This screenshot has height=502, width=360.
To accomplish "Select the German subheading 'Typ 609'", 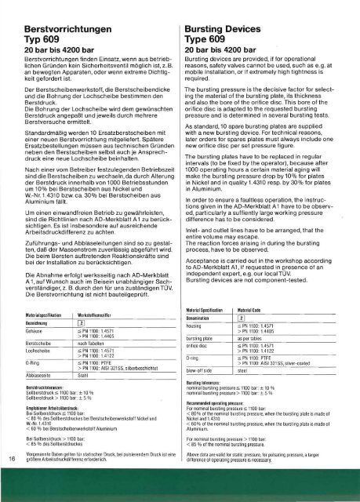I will point(31,26).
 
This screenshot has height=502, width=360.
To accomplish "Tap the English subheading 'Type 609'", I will point(213,25).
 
